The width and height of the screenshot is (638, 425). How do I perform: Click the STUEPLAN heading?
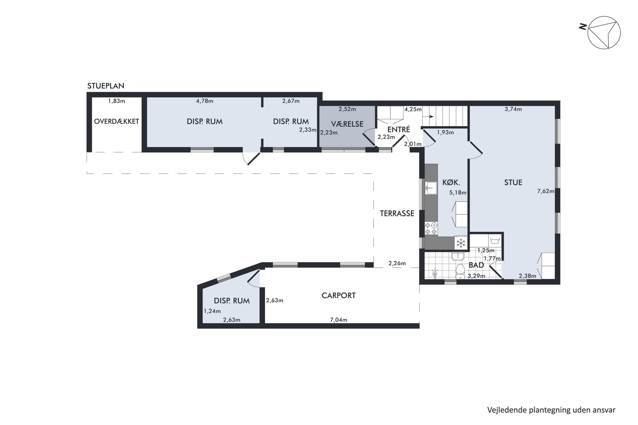point(106,86)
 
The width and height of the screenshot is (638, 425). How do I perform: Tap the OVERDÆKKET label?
point(117,121)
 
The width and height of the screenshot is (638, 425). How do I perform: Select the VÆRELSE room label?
point(347,124)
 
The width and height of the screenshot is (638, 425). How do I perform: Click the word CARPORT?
point(339,295)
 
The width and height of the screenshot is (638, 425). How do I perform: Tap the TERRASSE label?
point(397,214)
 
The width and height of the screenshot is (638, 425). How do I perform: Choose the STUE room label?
point(513,182)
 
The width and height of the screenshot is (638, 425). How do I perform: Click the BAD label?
point(476,265)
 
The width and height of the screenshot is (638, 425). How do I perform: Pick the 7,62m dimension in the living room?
point(545,191)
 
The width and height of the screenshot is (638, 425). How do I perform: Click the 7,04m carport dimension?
point(339,320)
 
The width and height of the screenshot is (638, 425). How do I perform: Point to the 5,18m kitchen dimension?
point(458,193)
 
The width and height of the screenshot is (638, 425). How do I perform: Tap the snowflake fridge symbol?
point(461,243)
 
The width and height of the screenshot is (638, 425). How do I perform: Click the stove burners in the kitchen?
point(431,228)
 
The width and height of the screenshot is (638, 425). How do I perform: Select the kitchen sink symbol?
point(431,188)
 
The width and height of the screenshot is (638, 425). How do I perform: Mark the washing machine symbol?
point(495,240)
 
